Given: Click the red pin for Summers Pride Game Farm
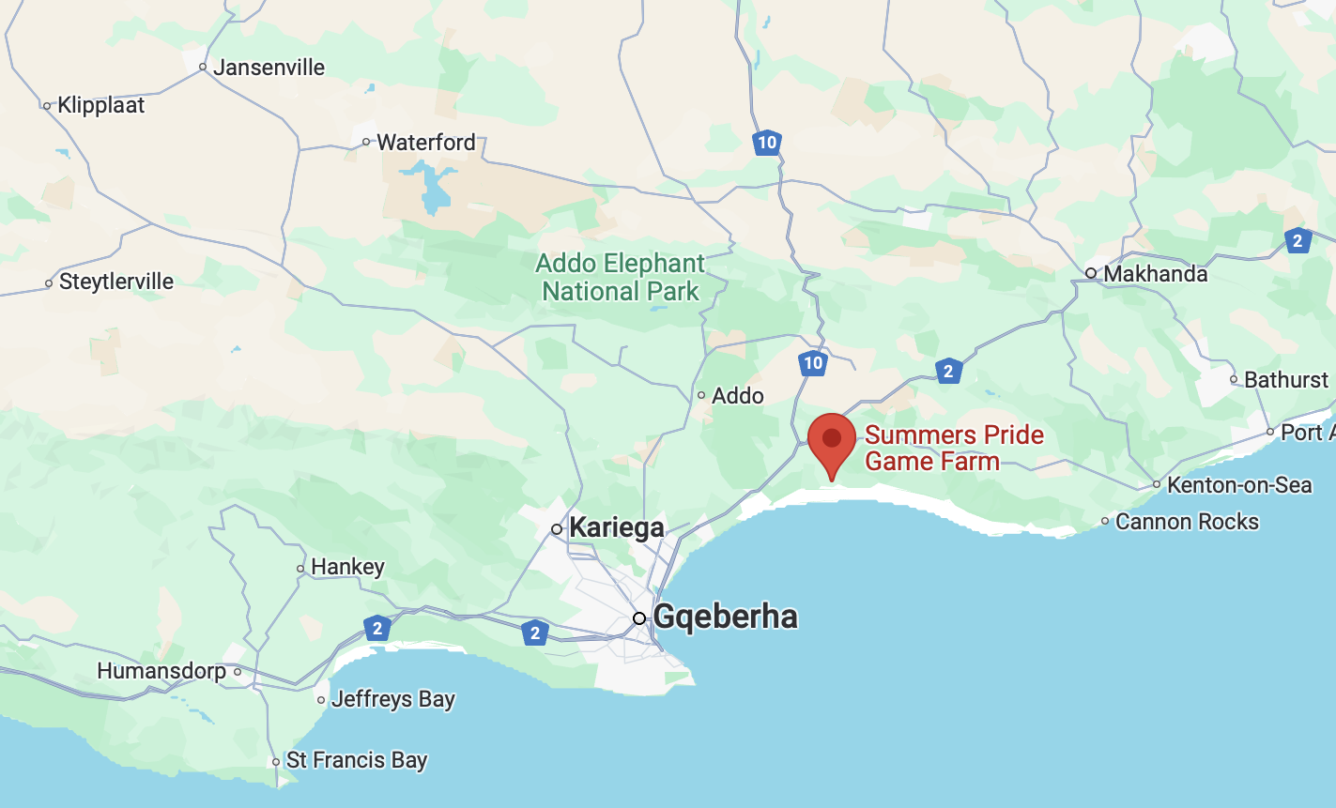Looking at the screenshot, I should [x=831, y=440].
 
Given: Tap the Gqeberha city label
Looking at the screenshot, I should [x=726, y=617].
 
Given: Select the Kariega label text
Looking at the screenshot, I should [x=617, y=527].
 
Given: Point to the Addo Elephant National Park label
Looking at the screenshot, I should [x=621, y=277].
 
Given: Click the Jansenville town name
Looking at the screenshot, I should [x=269, y=68].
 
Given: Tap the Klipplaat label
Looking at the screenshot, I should [x=101, y=105].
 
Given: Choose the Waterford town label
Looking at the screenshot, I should [x=426, y=143].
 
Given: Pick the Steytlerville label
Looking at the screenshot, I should [x=116, y=282].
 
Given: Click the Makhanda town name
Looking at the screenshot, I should [x=1156, y=274].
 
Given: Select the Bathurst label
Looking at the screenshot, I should [x=1286, y=380].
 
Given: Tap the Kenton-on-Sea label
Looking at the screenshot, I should [x=1239, y=485].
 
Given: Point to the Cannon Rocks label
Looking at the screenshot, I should [x=1187, y=522].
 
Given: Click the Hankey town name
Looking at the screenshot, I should [x=347, y=568].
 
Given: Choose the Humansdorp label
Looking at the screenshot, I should [x=161, y=672].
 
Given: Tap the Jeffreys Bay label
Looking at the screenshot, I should [x=392, y=700].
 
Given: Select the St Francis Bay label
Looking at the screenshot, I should [x=357, y=761].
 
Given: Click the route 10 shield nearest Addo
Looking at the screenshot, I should [x=813, y=362].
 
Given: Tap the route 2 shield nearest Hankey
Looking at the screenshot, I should [x=377, y=628].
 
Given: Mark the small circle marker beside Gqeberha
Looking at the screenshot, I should [x=639, y=617].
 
